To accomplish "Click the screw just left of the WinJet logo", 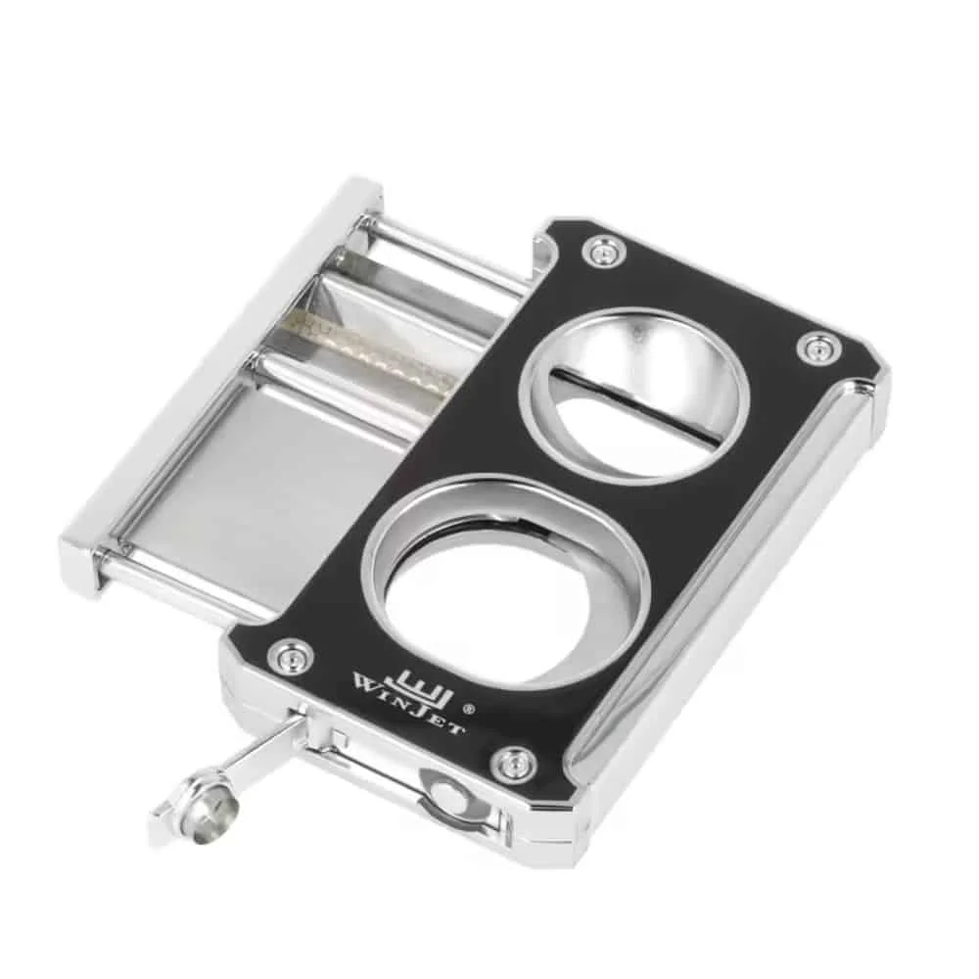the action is [290, 655].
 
